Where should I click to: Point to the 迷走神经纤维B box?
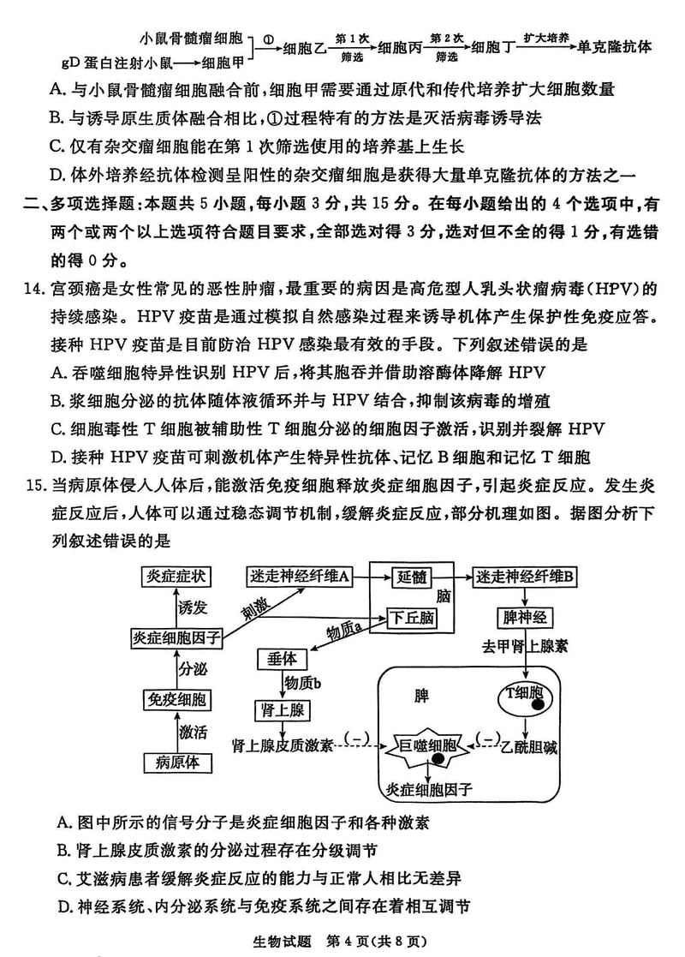[x=527, y=577]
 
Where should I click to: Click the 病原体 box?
[x=175, y=762]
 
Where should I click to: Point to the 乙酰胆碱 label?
[x=528, y=748]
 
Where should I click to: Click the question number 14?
[x=33, y=288]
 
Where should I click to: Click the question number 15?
[x=33, y=486]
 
